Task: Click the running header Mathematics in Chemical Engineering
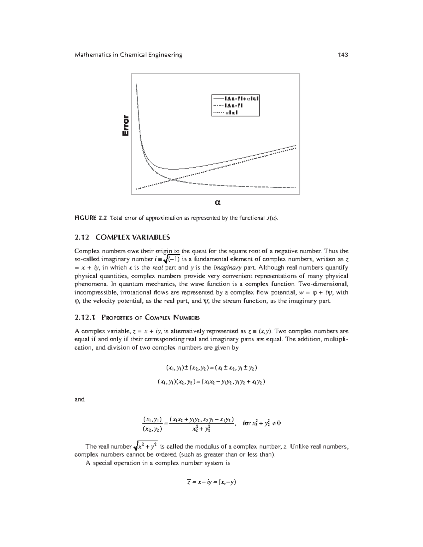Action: coord(128,55)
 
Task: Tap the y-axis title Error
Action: coord(125,126)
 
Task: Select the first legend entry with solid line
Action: coord(235,98)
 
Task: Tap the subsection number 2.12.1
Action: coord(85,317)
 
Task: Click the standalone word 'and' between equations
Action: coord(80,399)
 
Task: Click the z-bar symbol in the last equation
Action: coord(189,482)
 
